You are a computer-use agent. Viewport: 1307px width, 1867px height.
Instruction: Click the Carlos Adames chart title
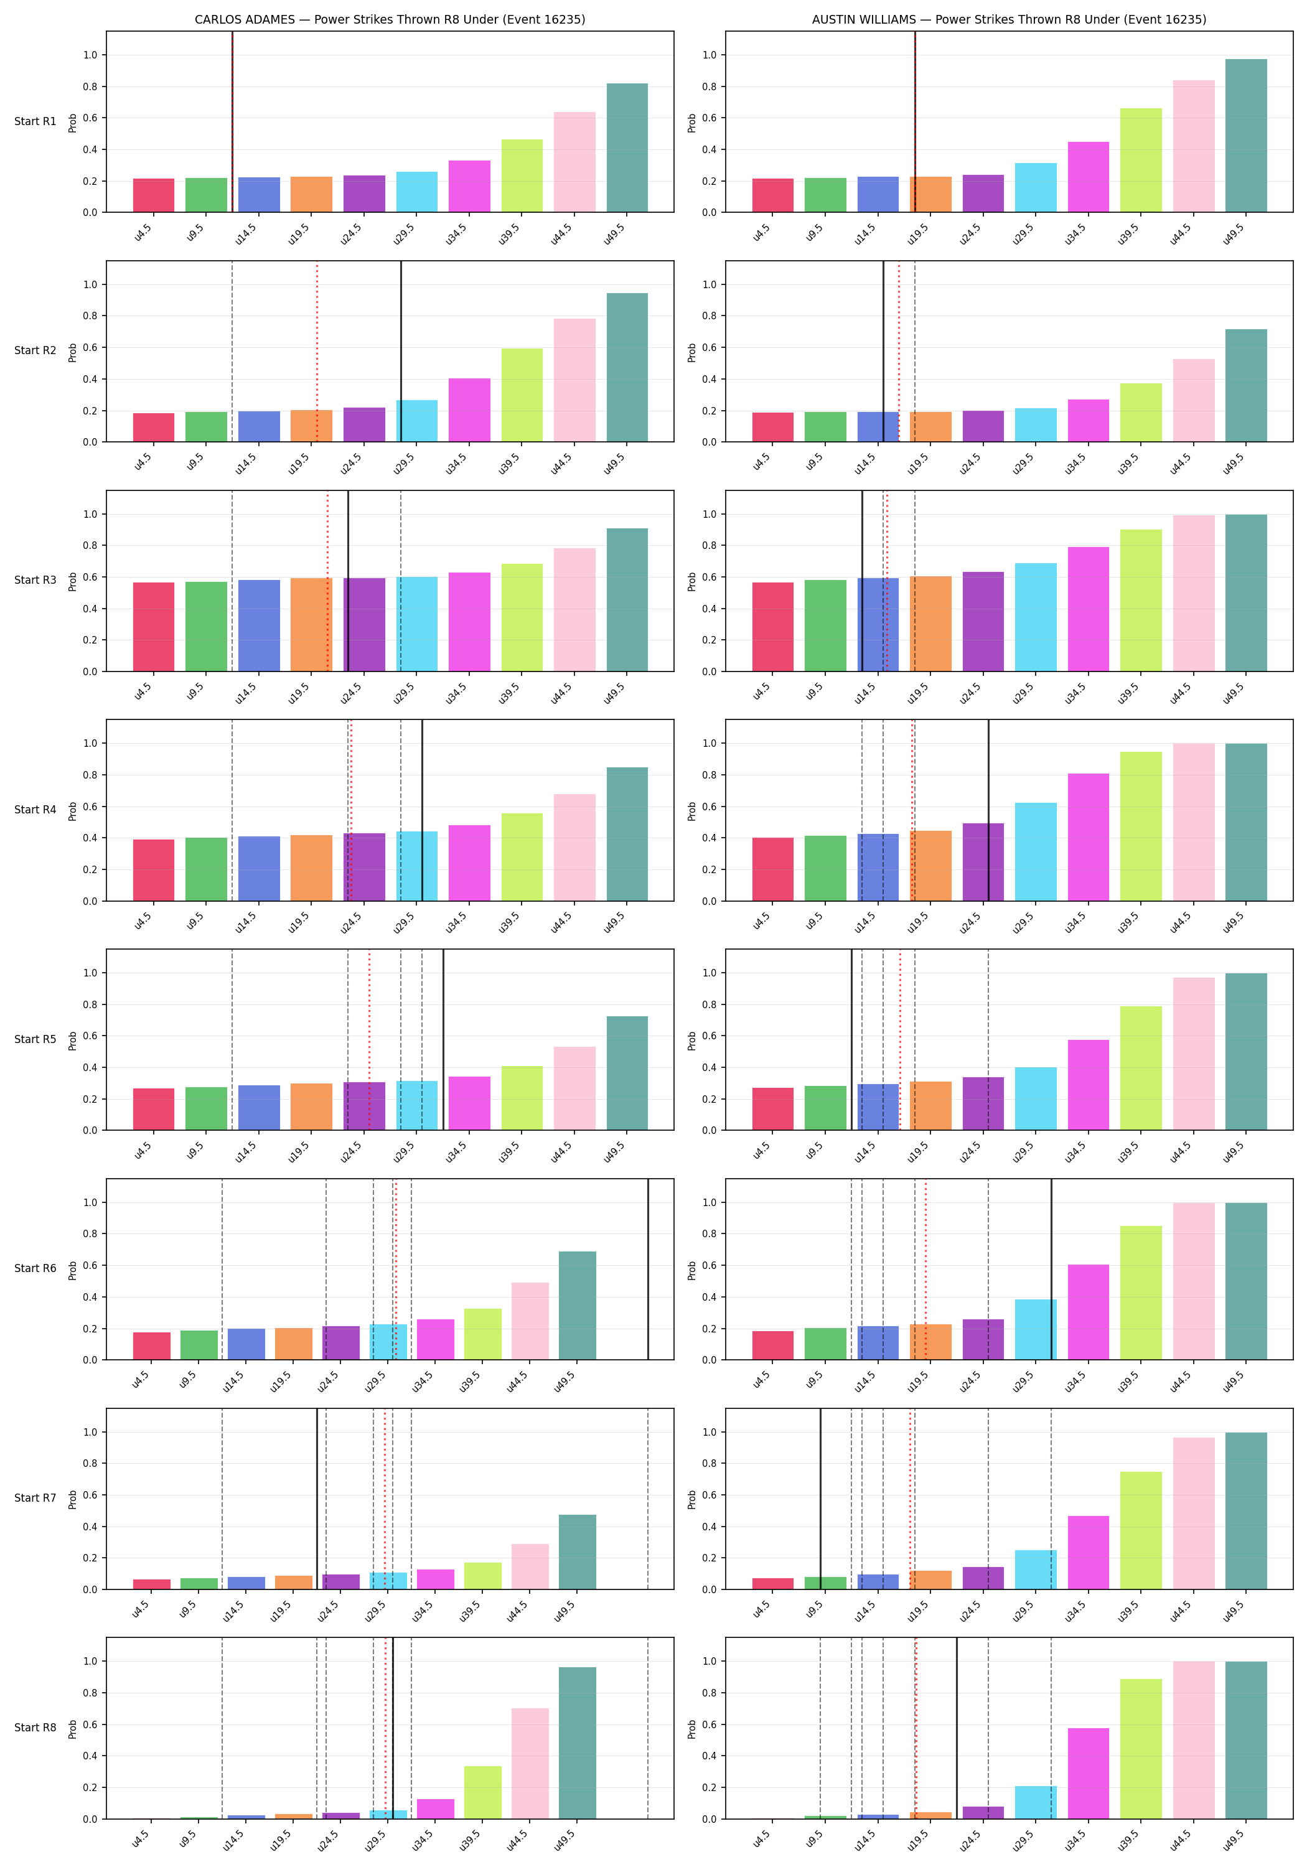390,19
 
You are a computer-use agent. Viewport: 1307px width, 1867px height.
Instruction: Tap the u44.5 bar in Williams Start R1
1193,146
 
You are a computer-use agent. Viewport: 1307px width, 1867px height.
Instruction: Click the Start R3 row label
35,580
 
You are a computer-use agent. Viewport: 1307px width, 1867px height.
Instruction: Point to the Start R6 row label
35,1268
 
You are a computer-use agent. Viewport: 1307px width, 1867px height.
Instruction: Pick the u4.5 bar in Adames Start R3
154,627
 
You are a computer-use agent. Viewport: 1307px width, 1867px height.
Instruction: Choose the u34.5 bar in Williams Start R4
1088,838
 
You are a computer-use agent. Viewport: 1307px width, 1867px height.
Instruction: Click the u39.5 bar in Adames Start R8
483,1792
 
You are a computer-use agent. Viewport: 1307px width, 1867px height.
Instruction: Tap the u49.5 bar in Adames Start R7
578,1551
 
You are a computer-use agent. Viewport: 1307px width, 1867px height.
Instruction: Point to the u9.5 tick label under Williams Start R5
814,1151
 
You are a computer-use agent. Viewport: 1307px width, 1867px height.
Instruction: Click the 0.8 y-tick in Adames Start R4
90,775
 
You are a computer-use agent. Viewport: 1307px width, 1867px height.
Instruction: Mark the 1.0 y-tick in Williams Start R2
710,284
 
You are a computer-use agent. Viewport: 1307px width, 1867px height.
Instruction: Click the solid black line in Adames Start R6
649,1270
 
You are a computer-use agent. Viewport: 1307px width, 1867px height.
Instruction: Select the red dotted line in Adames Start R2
317,351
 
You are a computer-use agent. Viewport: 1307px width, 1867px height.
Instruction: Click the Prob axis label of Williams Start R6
692,1270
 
